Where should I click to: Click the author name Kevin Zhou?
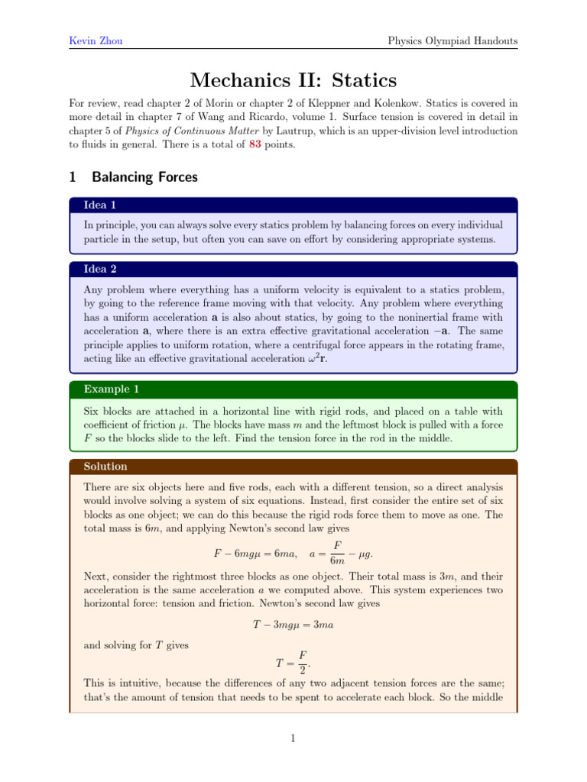click(91, 40)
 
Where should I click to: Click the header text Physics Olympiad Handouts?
click(453, 40)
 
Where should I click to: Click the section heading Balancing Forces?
click(144, 177)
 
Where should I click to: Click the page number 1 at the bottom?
click(293, 738)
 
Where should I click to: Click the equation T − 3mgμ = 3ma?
click(293, 624)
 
